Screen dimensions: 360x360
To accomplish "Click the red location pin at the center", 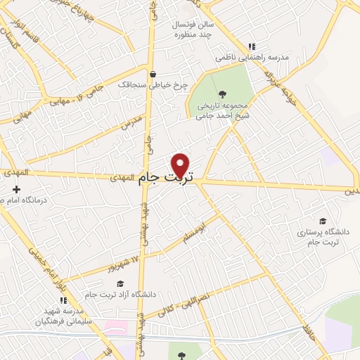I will point(181,165).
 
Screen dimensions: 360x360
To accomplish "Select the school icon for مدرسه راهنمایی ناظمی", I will point(252,46).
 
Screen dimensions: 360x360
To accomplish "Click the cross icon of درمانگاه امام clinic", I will point(17,189).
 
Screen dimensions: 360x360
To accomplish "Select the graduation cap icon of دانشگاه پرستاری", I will point(322,220).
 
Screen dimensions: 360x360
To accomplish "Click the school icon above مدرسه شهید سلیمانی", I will point(64,300).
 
